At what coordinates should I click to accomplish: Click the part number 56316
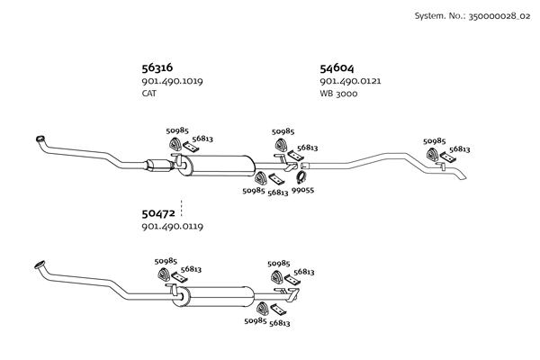(x=157, y=67)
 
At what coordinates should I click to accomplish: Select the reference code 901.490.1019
(x=172, y=81)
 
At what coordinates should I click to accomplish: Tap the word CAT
(x=149, y=94)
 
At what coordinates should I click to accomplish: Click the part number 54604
(x=337, y=67)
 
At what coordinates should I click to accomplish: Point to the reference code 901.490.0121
(x=350, y=81)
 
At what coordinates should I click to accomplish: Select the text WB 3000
(x=338, y=94)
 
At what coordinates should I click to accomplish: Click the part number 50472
(x=157, y=213)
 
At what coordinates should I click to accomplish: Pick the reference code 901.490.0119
(x=172, y=227)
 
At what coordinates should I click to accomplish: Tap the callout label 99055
(x=303, y=191)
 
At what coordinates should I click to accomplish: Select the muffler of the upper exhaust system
(x=220, y=166)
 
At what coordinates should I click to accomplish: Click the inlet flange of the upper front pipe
(x=40, y=138)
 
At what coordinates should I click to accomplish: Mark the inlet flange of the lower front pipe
(x=40, y=265)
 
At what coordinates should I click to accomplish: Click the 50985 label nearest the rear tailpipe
(x=435, y=141)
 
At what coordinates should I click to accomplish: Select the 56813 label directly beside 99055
(x=278, y=192)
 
